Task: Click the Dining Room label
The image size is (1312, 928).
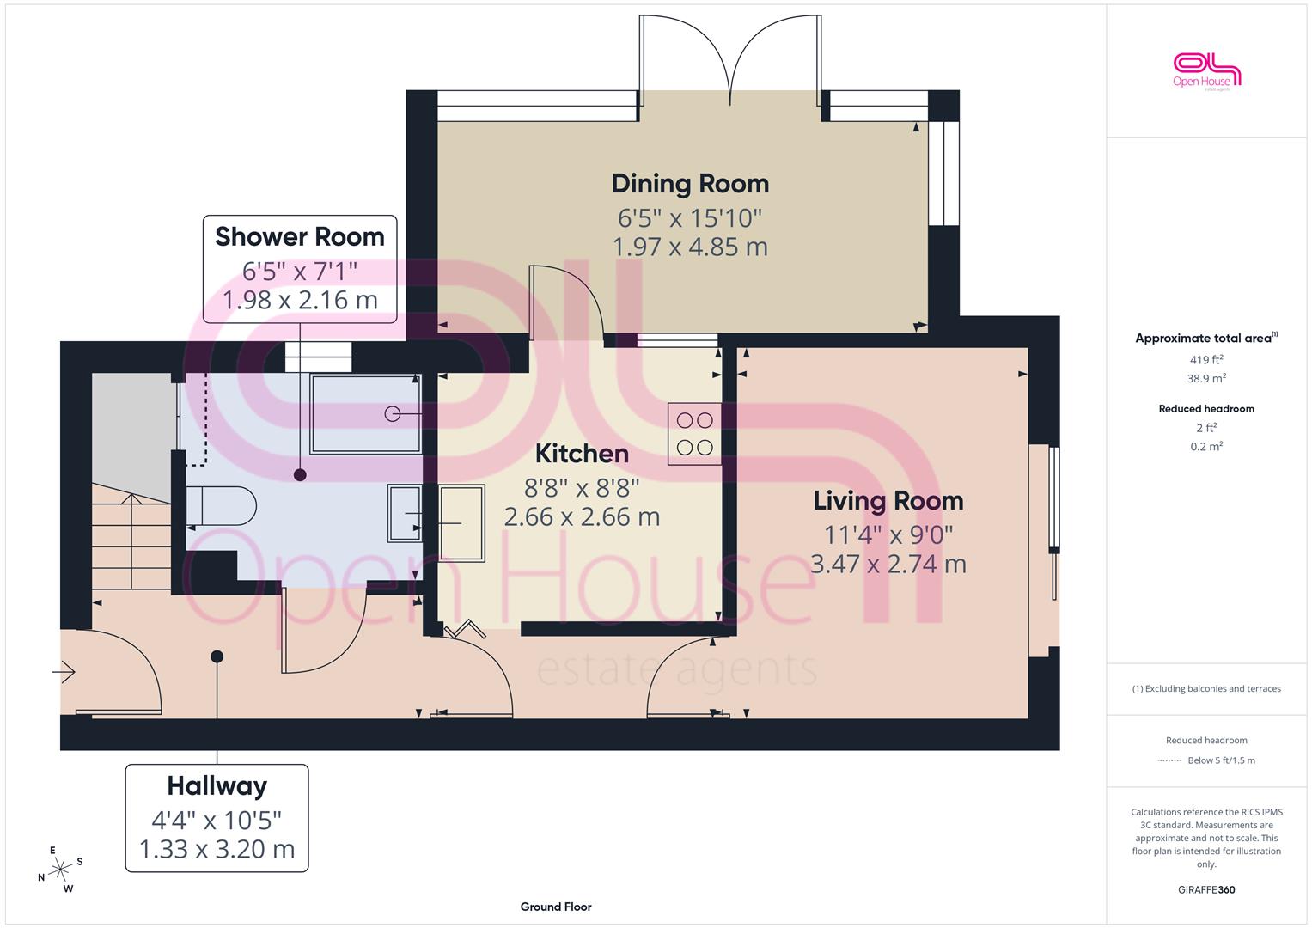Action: (690, 184)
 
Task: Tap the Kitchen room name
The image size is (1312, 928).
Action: (582, 454)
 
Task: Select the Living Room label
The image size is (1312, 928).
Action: (888, 501)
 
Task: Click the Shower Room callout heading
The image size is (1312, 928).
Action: (299, 236)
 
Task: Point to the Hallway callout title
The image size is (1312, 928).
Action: (217, 786)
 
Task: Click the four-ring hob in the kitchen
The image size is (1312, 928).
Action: (694, 434)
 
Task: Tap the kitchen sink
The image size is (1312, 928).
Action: (462, 523)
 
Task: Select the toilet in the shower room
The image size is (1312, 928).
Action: (221, 505)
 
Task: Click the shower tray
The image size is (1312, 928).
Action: (365, 413)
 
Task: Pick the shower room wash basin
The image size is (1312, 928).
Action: (405, 513)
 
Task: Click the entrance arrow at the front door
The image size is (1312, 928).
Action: (64, 671)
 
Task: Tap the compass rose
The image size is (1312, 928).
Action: (60, 870)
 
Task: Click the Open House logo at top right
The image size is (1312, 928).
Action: (1206, 71)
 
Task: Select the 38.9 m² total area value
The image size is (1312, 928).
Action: (1206, 378)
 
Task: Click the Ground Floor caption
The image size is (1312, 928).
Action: (556, 907)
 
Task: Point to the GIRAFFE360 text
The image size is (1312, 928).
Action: (1206, 889)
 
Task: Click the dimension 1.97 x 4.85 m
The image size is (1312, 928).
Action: (690, 247)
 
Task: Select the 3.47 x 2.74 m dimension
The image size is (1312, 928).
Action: (888, 565)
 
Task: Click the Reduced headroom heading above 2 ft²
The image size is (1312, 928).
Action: (1206, 409)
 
